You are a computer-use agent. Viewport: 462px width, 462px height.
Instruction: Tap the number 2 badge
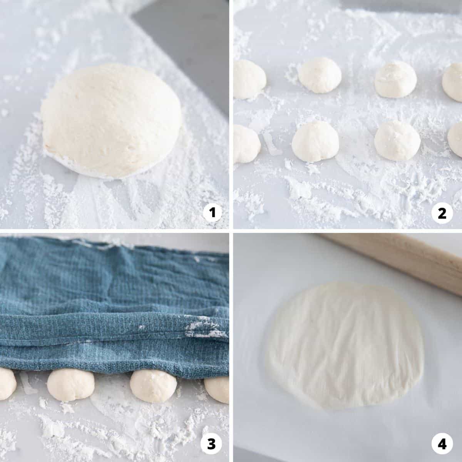[x=442, y=213]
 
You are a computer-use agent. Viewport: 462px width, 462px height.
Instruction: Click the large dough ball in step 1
[x=111, y=121]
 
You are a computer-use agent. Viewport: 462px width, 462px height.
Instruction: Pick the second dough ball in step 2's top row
[x=320, y=75]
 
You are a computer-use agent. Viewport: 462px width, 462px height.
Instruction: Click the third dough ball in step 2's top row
[x=396, y=79]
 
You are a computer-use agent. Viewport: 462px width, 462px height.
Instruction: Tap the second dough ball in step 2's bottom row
[x=315, y=141]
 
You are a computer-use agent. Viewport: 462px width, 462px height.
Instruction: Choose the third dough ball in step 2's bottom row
[x=397, y=141]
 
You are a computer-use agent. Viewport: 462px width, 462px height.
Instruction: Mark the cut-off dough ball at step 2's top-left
[x=249, y=79]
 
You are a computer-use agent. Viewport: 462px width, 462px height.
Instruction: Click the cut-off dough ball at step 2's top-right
[x=452, y=82]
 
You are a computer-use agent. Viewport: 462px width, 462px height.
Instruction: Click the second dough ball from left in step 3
[x=71, y=387]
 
